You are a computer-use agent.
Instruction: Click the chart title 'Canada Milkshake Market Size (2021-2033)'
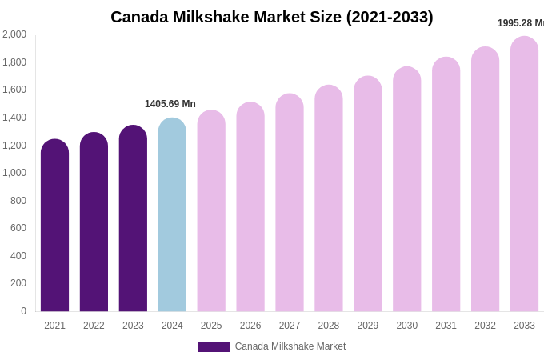(272, 17)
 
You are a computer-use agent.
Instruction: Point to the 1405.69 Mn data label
(170, 104)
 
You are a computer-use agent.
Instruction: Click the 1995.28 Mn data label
(520, 23)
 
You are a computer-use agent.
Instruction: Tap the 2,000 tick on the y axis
(14, 34)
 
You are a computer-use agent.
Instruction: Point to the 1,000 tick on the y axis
(14, 173)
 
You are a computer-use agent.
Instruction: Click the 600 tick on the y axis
(18, 228)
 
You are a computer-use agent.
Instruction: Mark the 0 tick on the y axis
(23, 311)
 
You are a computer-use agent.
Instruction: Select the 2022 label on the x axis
(94, 326)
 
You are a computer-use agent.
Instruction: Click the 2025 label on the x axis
(211, 326)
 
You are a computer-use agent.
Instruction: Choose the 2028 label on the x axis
(329, 326)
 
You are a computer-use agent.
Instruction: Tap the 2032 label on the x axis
(485, 326)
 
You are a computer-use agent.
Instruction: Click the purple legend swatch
(214, 347)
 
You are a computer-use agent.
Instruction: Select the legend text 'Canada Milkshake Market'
(290, 346)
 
